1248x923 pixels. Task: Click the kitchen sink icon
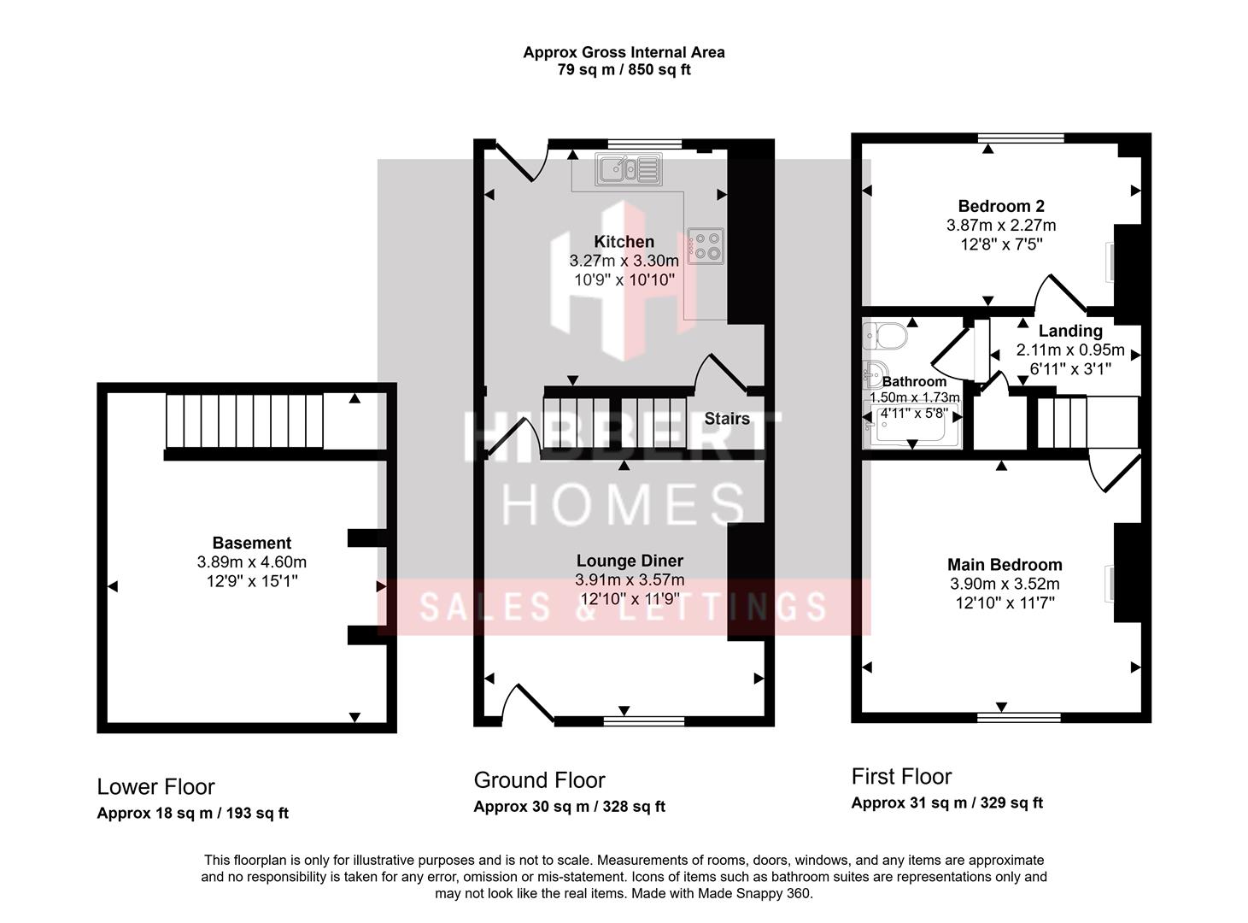(x=629, y=169)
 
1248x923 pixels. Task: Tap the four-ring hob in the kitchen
(x=706, y=245)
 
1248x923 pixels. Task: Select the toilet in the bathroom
(x=882, y=336)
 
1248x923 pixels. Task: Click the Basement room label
(x=251, y=543)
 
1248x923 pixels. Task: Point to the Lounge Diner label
(x=630, y=561)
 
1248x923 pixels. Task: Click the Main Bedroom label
(x=1005, y=564)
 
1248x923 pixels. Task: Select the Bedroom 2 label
(x=1001, y=206)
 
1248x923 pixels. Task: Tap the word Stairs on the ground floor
(x=727, y=419)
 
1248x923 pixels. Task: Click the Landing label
(x=1070, y=331)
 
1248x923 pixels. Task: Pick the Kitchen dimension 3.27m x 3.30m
(x=624, y=261)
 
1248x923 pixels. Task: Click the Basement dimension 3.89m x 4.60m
(x=251, y=562)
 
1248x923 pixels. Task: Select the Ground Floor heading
(x=539, y=780)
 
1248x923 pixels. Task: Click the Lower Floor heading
(x=155, y=787)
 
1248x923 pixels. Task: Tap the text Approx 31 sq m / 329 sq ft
(x=946, y=803)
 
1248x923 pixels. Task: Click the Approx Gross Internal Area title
(x=624, y=52)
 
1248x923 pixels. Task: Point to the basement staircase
(x=244, y=420)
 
